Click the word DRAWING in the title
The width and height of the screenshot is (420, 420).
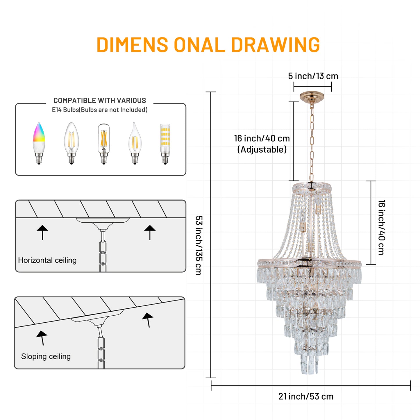pyautogui.click(x=275, y=45)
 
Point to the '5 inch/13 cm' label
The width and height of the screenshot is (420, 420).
pyautogui.click(x=313, y=76)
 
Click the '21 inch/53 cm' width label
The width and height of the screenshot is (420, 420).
pyautogui.click(x=306, y=396)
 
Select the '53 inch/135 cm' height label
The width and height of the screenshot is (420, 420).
pyautogui.click(x=199, y=245)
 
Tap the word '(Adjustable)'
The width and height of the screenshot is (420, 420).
pyautogui.click(x=262, y=150)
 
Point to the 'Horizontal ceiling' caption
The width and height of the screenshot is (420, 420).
pyautogui.click(x=47, y=260)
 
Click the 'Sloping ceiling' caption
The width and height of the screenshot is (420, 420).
pyautogui.click(x=46, y=356)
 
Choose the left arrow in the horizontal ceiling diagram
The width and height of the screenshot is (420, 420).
pyautogui.click(x=42, y=232)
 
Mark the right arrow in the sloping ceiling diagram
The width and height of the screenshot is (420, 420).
pyautogui.click(x=148, y=319)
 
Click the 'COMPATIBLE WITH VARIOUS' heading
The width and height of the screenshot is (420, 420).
pyautogui.click(x=100, y=101)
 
